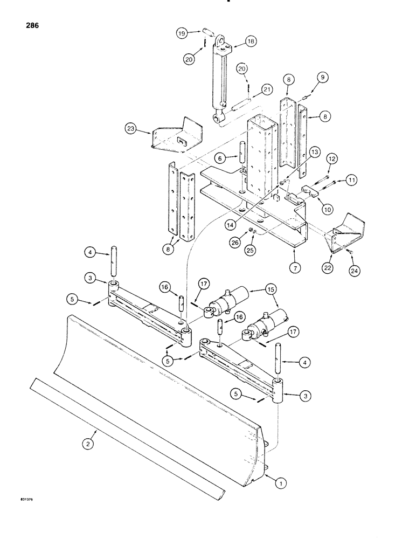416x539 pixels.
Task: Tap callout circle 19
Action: [183, 33]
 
